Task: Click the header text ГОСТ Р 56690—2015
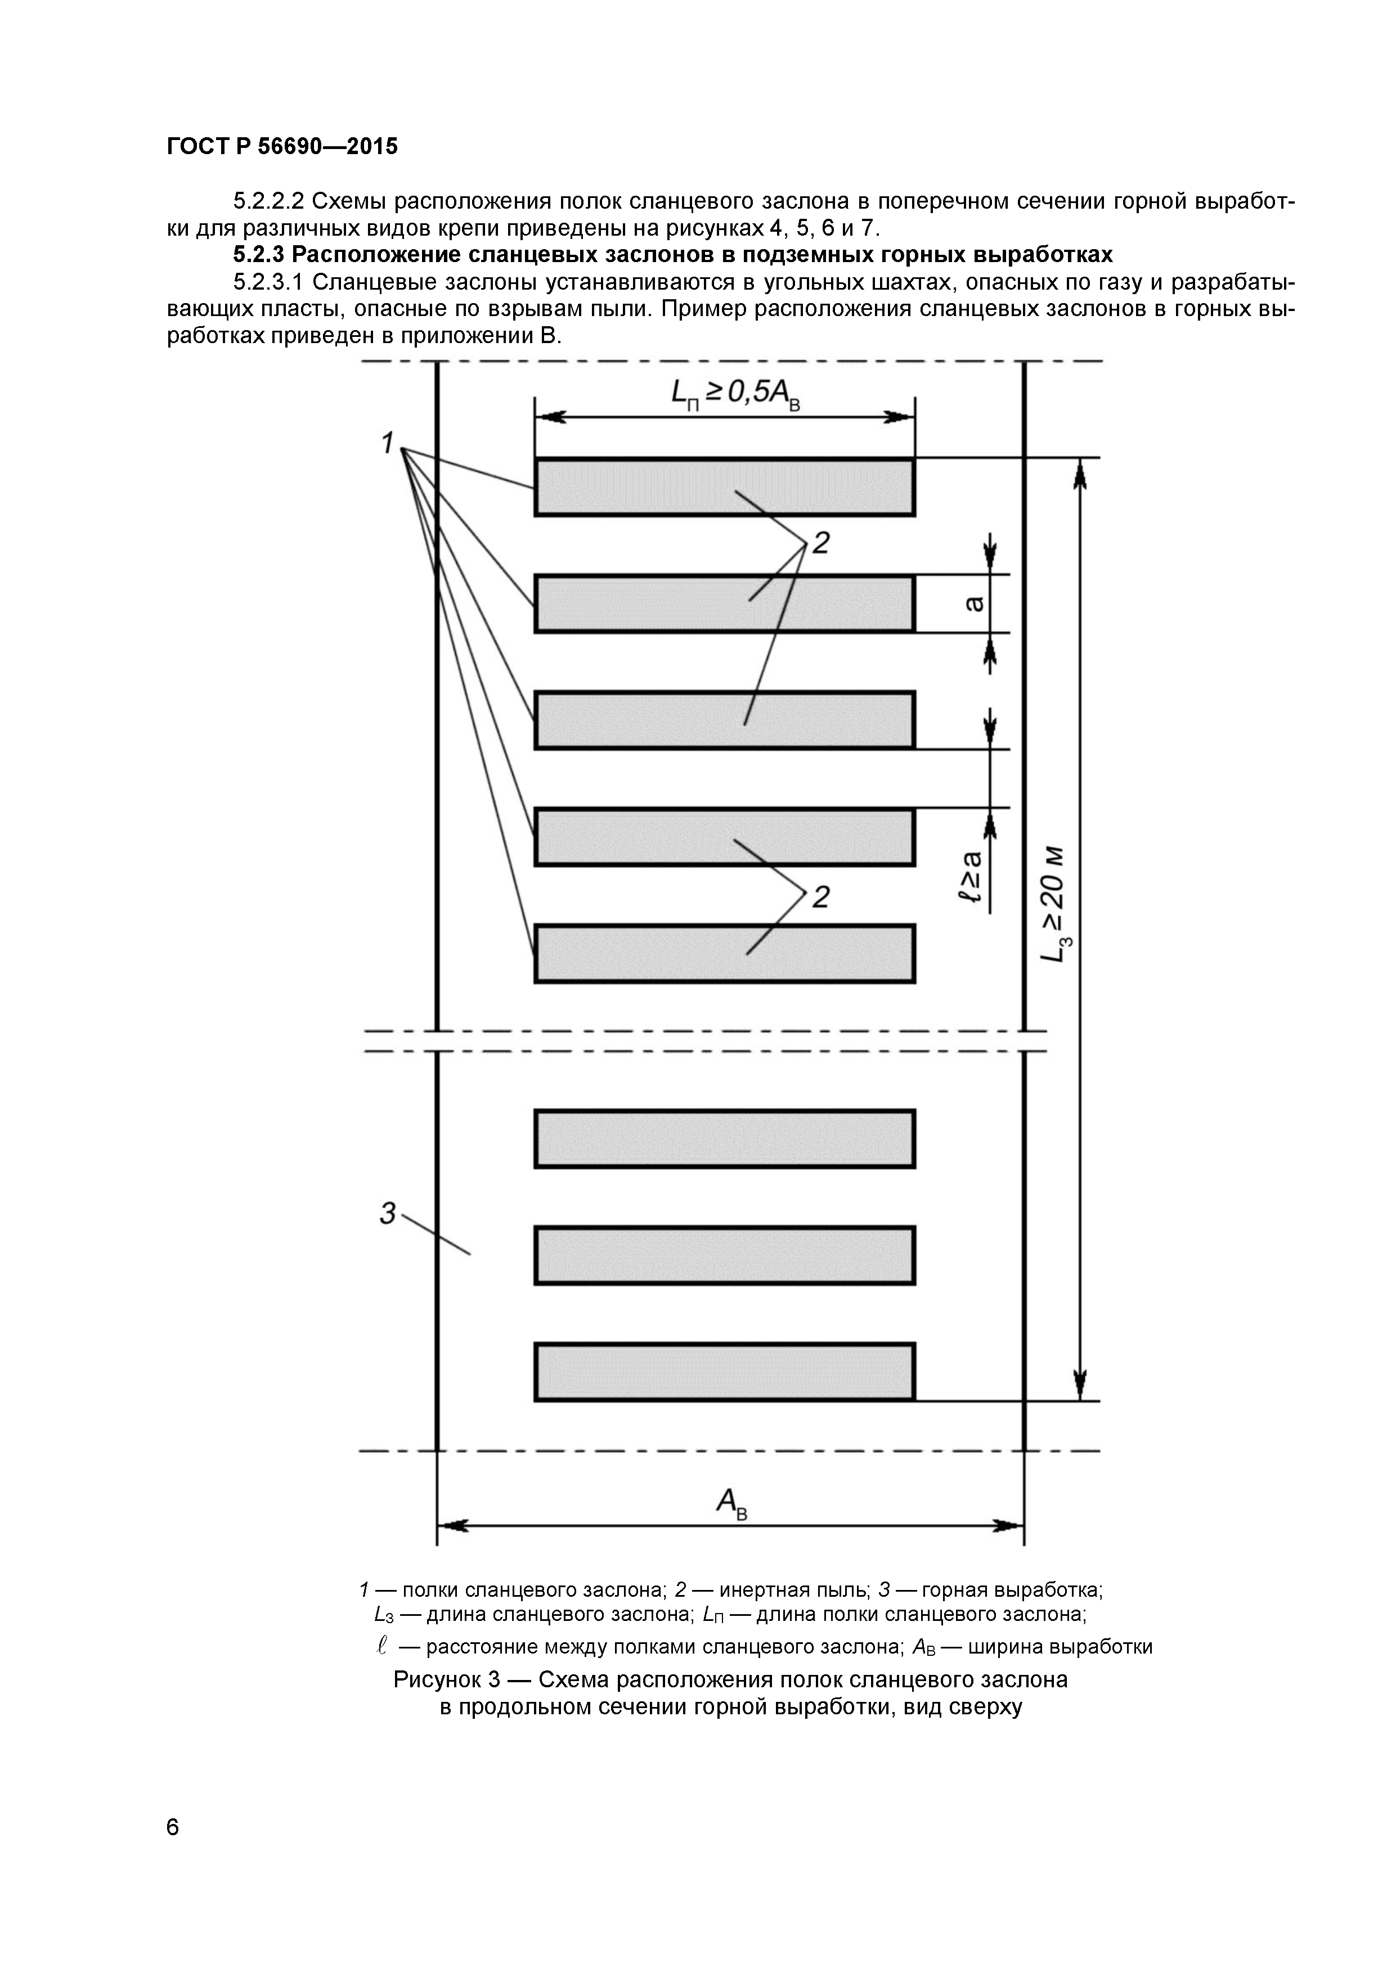pyautogui.click(x=282, y=147)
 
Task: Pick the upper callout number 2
pyautogui.click(x=821, y=543)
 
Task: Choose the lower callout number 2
pyautogui.click(x=821, y=897)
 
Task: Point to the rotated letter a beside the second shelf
pyautogui.click(x=974, y=604)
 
